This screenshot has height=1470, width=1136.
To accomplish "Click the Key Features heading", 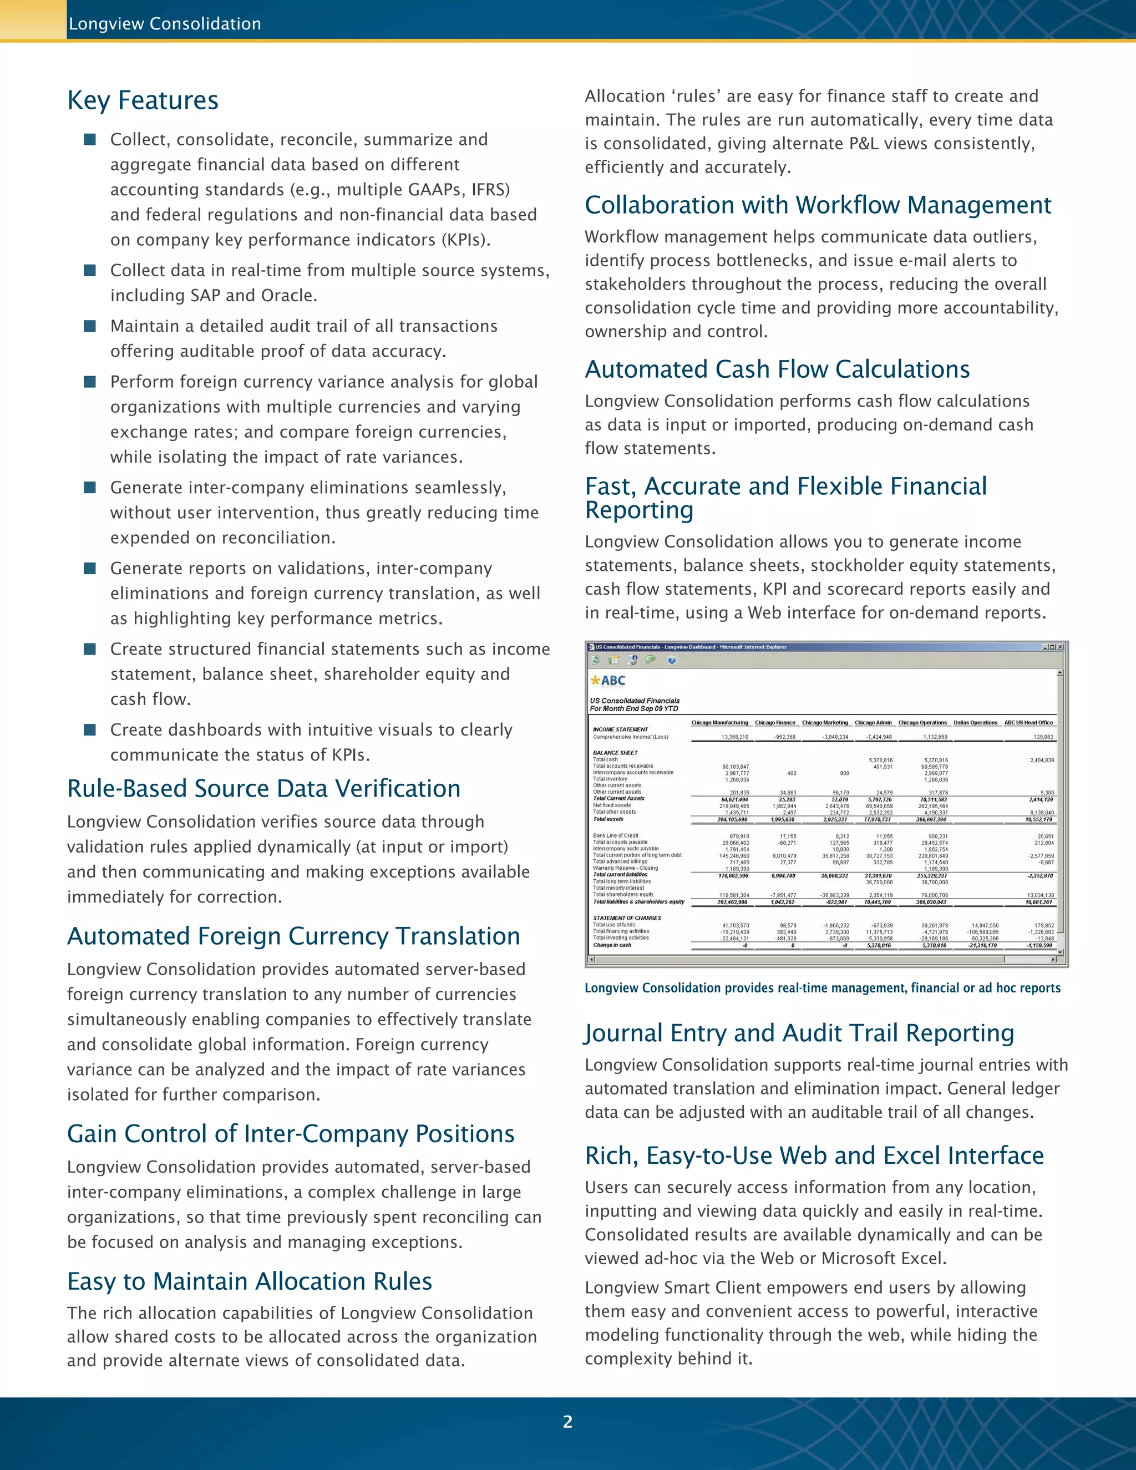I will coord(143,100).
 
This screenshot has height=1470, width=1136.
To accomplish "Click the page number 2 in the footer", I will coord(567,1422).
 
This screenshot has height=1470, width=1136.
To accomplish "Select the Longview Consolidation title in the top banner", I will coord(165,23).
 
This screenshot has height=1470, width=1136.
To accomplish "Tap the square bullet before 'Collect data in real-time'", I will coord(89,270).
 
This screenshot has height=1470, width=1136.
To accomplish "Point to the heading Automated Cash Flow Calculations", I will coord(777,369).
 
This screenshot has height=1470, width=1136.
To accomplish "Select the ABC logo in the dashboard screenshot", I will coord(608,681).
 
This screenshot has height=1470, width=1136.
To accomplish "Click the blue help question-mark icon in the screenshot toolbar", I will coord(672,660).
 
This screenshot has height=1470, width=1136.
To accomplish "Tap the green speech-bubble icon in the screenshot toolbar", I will coord(650,660).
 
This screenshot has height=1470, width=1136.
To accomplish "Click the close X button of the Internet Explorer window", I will coord(1060,647).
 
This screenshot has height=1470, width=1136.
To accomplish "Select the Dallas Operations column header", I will coord(975,722).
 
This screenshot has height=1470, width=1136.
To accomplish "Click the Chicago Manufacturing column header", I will coord(719,722).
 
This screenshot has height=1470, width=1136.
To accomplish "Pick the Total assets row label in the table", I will coord(608,819).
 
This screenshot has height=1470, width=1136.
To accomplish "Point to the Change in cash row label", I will coord(612,945).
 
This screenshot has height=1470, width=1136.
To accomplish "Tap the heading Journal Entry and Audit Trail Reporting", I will coord(799,1033).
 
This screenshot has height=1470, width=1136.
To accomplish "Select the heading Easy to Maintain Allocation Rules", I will coord(249,1281).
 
